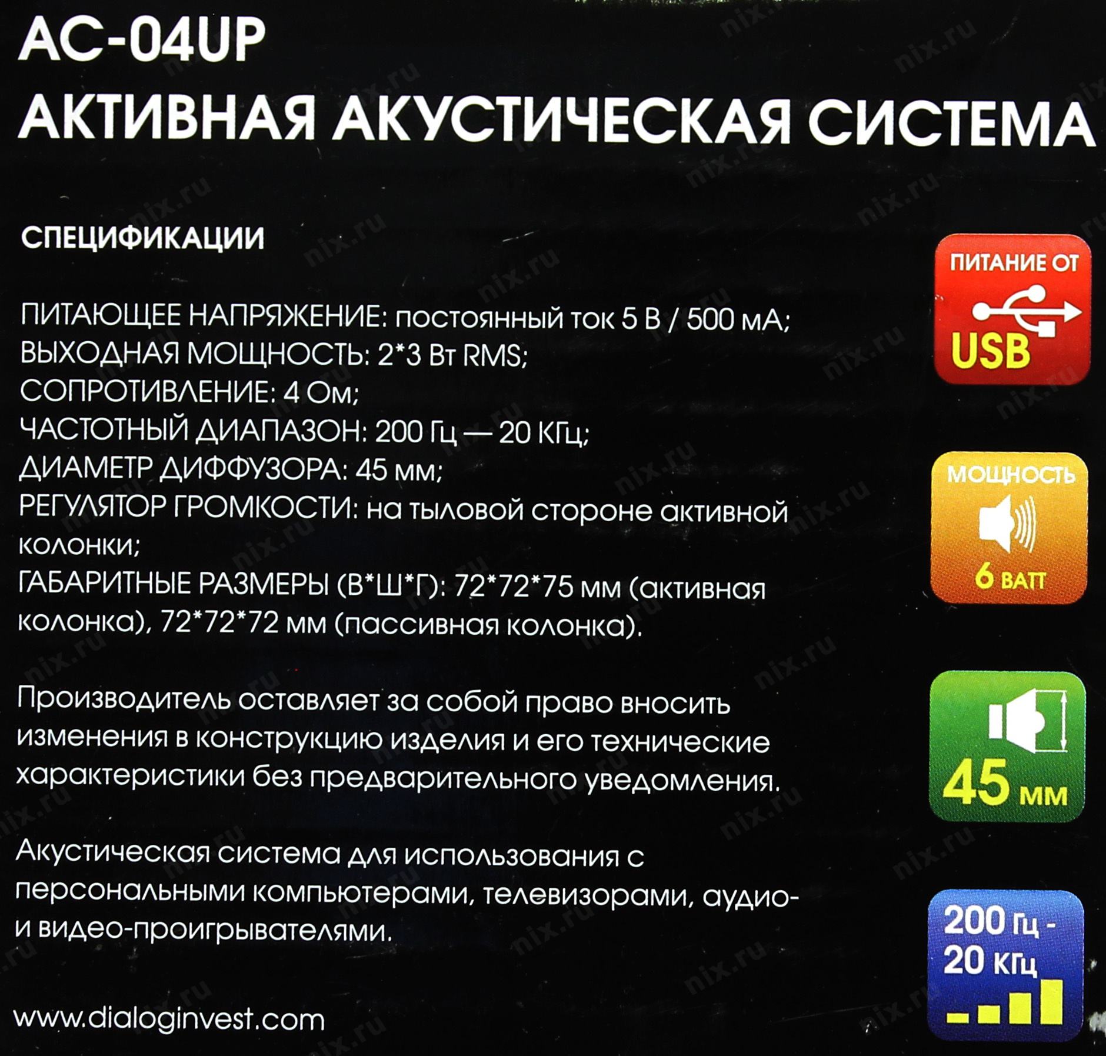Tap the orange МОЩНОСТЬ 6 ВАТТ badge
pyautogui.click(x=1009, y=528)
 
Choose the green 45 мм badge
pyautogui.click(x=1007, y=747)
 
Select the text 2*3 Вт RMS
pyautogui.click(x=452, y=356)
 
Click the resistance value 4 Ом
pyautogui.click(x=321, y=393)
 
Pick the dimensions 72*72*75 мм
pyautogui.click(x=538, y=588)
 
